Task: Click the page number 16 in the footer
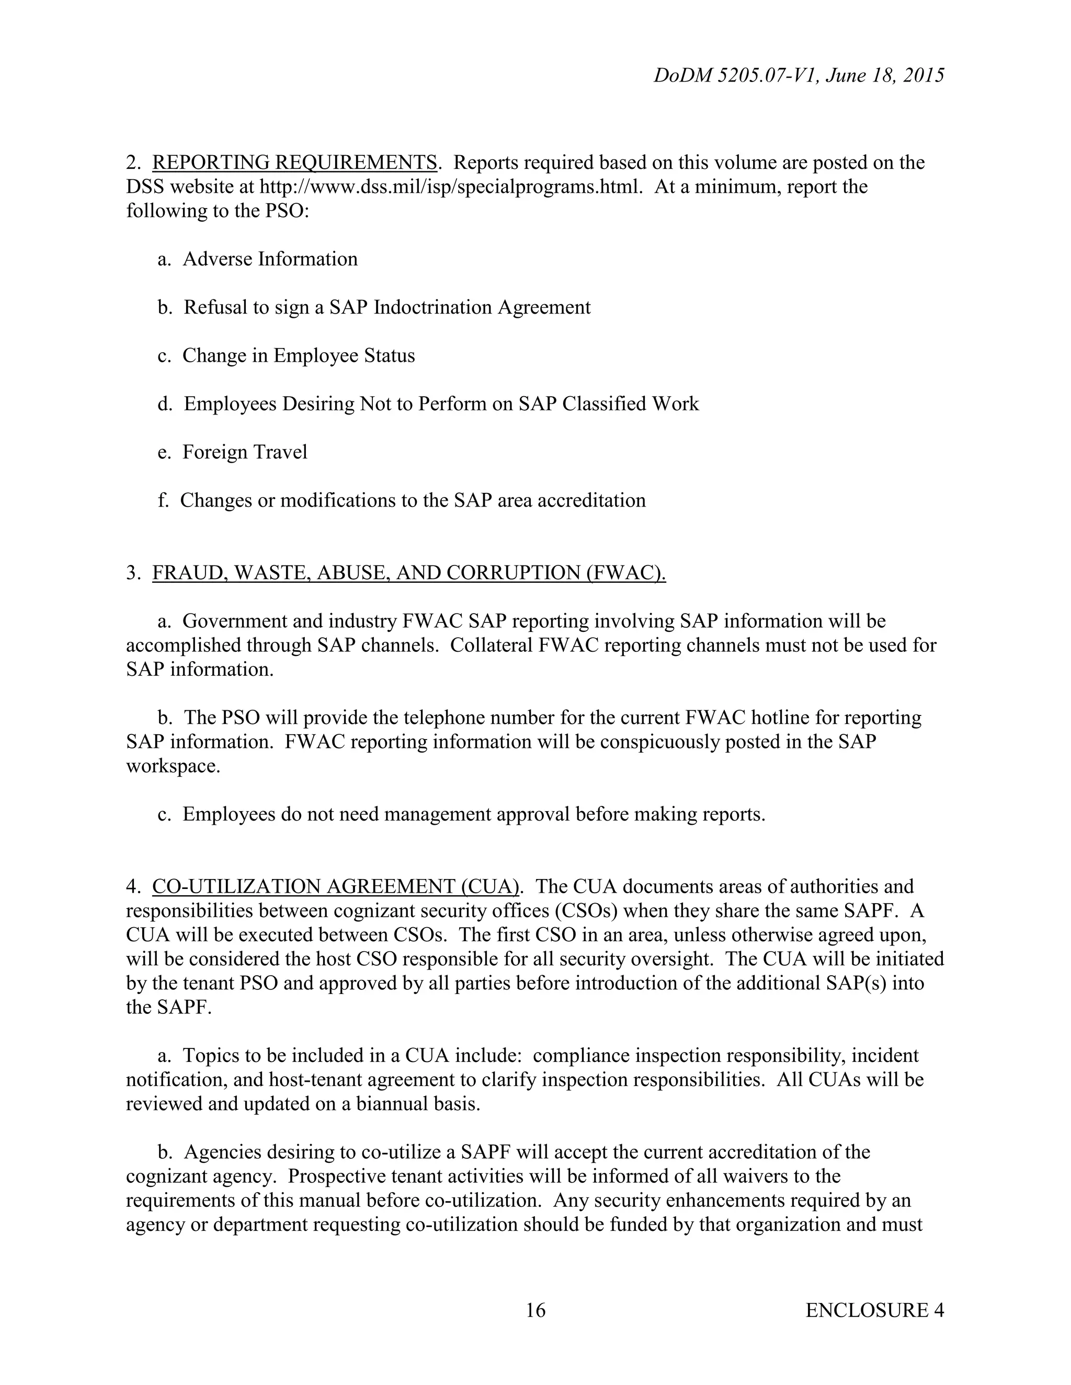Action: [535, 1310]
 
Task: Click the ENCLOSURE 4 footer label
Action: [874, 1310]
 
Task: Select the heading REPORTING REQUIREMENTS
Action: [294, 163]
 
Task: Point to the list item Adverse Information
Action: [270, 259]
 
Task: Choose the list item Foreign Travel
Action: [245, 452]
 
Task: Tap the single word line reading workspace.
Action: [173, 766]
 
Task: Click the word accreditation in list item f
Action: [591, 500]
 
